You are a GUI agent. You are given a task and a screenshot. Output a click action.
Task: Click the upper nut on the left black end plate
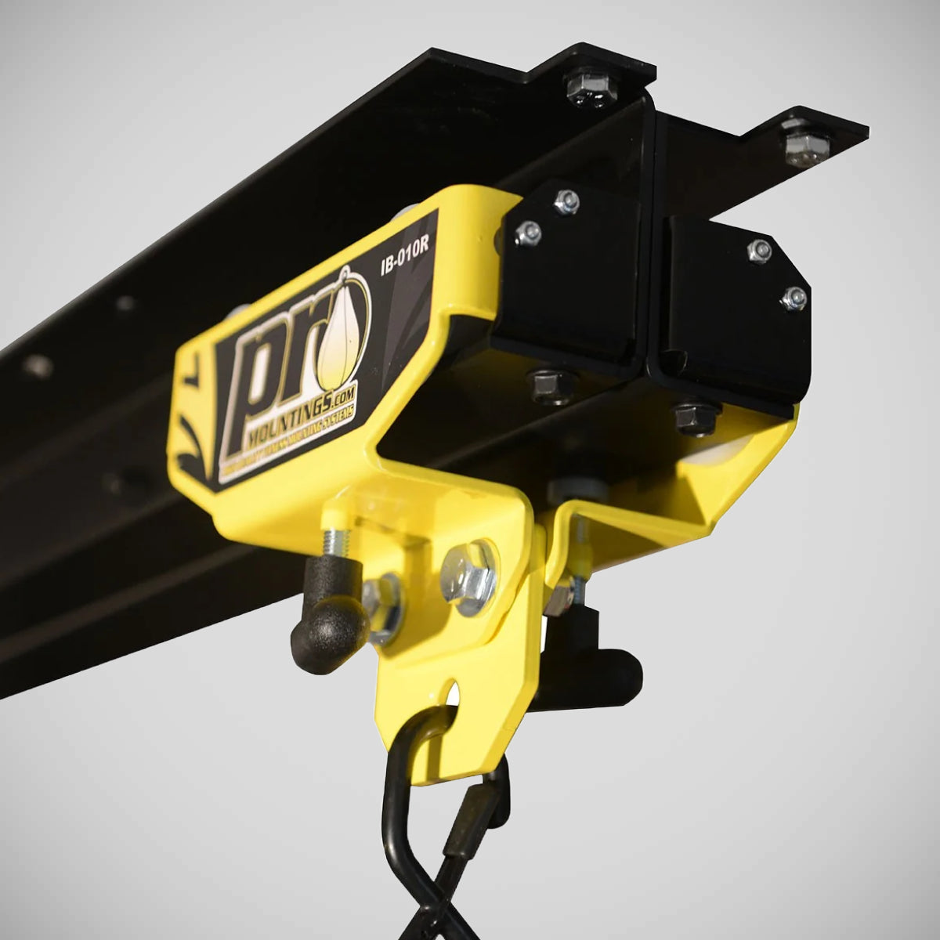(566, 202)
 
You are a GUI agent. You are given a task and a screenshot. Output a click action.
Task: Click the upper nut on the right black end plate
(759, 250)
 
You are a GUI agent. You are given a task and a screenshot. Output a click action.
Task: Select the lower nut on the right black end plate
(794, 297)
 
